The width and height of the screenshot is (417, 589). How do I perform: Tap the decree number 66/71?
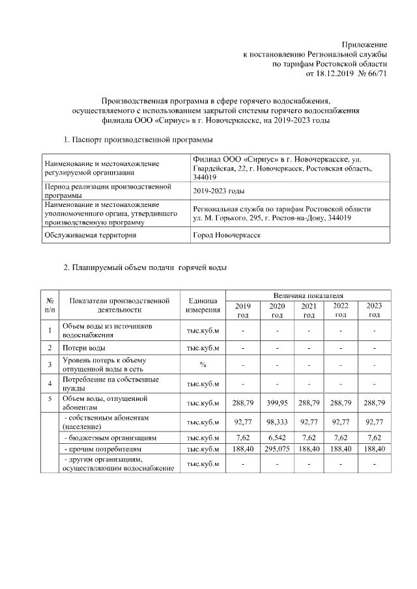point(377,74)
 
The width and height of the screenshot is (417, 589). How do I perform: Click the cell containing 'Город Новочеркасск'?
point(225,235)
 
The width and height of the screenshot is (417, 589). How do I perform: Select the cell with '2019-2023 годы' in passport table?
point(218,191)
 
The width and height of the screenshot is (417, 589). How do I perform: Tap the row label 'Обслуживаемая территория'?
point(90,235)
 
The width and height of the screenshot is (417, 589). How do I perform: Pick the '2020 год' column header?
point(277,310)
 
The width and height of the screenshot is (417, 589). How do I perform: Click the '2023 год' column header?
point(374,310)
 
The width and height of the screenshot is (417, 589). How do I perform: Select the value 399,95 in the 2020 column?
point(277,403)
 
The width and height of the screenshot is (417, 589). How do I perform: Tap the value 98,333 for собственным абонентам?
point(277,422)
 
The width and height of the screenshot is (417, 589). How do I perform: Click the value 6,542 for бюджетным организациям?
point(277,439)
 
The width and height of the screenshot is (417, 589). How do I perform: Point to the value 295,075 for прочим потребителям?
point(277,449)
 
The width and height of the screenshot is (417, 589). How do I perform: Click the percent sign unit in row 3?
point(203,364)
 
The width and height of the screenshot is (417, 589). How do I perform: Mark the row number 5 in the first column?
point(50,398)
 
